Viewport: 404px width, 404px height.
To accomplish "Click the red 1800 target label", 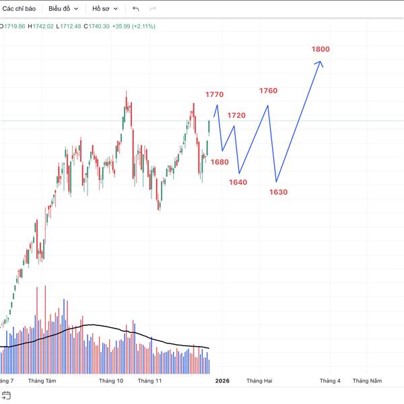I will point(321,49).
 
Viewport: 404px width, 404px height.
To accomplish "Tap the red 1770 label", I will point(215,95).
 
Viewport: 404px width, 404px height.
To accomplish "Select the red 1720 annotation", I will point(236,116).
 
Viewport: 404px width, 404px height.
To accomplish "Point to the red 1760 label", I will point(268,91).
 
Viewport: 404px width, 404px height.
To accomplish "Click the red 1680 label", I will point(220,162).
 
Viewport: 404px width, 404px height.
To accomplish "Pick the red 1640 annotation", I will point(238,182).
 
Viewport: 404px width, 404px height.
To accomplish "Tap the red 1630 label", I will point(278,193).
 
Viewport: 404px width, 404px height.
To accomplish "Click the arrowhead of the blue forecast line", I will point(321,63).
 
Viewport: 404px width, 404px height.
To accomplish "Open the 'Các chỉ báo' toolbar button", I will point(19,9).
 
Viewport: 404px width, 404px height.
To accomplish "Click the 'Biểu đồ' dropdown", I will point(63,9).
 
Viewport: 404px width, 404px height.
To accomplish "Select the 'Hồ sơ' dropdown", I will point(105,9).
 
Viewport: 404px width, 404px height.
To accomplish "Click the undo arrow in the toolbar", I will point(136,9).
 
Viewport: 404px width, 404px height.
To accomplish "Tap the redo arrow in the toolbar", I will point(153,9).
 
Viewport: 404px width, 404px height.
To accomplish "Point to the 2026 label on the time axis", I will point(222,380).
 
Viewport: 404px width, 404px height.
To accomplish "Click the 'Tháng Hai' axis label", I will point(259,380).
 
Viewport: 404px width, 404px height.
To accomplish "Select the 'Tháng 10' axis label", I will point(111,380).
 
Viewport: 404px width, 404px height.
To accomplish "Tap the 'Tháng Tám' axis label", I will point(42,380).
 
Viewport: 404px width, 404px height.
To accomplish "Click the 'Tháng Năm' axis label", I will point(366,380).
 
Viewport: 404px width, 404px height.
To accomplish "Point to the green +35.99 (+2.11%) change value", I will point(134,26).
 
